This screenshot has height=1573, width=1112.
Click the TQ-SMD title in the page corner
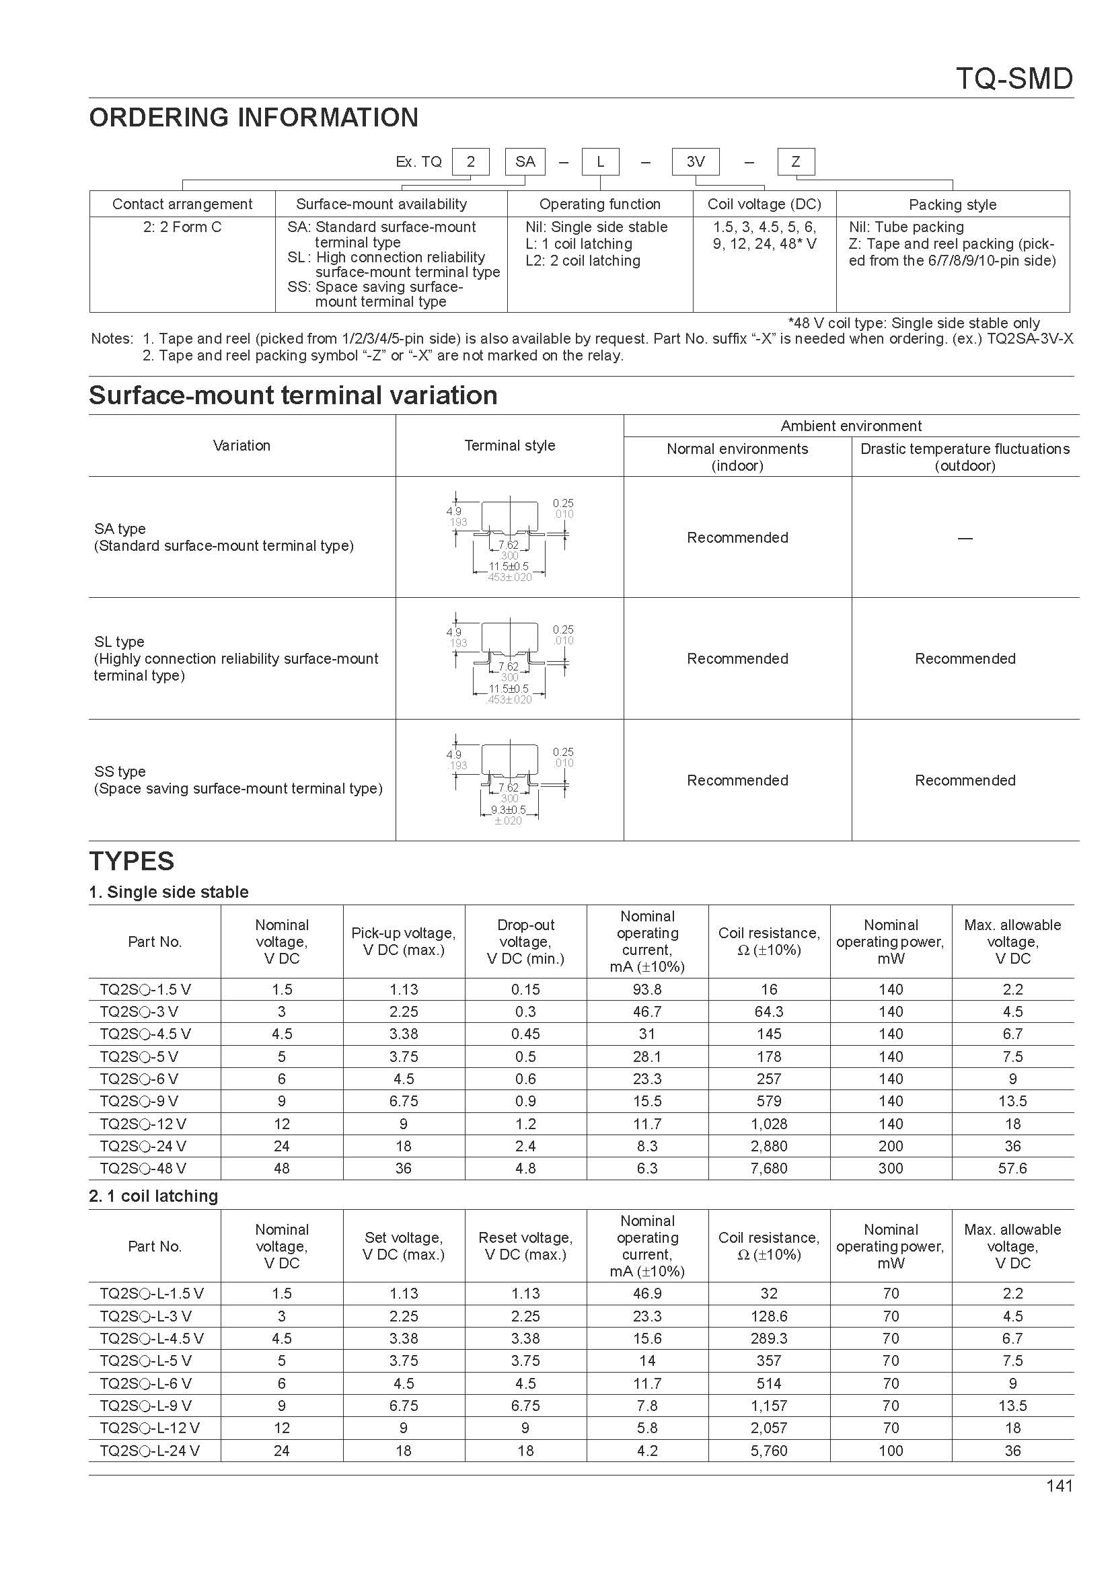(x=1013, y=79)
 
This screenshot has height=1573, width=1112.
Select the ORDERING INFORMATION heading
(x=254, y=118)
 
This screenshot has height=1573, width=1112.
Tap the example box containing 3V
(x=696, y=161)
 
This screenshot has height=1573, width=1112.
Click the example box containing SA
(x=525, y=161)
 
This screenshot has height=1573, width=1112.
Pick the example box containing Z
(x=795, y=161)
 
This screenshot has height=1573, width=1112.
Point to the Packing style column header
(x=953, y=204)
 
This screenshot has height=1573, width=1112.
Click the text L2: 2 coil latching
(x=583, y=261)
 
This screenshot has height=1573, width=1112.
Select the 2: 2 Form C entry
(x=182, y=227)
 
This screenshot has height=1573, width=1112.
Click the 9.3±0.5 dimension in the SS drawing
(x=509, y=810)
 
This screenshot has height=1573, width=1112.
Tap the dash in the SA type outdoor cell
(x=965, y=539)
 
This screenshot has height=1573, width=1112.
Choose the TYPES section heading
(x=132, y=861)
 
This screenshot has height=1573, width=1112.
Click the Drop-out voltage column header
(x=525, y=942)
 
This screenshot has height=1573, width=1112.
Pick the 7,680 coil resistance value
(x=769, y=1168)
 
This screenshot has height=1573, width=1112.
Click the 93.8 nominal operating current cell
(x=646, y=989)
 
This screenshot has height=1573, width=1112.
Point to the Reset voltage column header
(x=525, y=1245)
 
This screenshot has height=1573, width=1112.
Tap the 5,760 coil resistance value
(x=769, y=1451)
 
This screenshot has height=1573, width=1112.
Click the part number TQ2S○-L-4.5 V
(x=151, y=1338)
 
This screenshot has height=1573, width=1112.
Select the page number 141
(x=1060, y=1486)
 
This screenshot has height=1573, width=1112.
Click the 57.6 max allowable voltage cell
(x=1012, y=1168)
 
